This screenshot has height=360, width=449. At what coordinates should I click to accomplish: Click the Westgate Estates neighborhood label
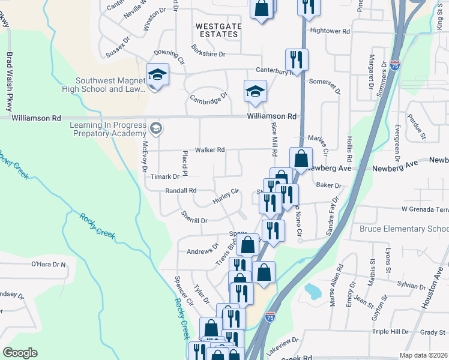(217, 30)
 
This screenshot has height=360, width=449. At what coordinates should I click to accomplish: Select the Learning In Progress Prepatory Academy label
(109, 129)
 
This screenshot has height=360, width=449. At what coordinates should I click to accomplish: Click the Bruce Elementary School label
(403, 229)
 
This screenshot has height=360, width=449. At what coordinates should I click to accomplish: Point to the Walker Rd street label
(209, 150)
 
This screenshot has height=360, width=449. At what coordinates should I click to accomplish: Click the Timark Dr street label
(165, 177)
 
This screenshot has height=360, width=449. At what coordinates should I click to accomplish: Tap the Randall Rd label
(181, 191)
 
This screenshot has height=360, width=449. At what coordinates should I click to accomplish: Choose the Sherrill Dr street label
(195, 221)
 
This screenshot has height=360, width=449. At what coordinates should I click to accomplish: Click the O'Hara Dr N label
(48, 264)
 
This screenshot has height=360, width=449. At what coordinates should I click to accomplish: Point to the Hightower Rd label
(330, 31)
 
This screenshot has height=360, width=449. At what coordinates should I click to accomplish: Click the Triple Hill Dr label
(390, 332)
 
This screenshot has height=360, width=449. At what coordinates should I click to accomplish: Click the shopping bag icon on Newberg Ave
(301, 159)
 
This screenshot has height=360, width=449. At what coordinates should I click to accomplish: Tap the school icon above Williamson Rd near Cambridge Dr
(255, 91)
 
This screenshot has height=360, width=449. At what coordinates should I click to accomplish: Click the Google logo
(20, 353)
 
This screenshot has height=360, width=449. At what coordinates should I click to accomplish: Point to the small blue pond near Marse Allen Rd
(313, 292)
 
